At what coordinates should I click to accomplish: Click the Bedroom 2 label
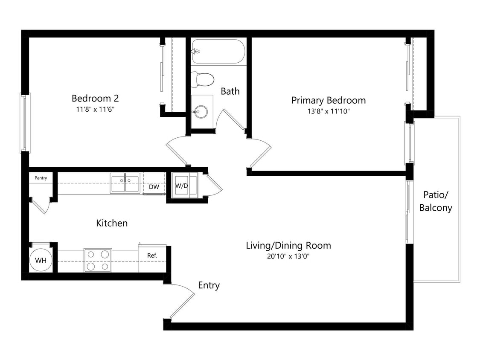pos(95,99)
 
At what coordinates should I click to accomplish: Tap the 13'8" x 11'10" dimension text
pos(328,111)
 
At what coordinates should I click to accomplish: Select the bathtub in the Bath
pos(218,52)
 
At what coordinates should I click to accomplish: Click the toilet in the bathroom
pos(203,78)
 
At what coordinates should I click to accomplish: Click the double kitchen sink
pos(125,183)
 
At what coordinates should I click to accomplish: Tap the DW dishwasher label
pos(154,187)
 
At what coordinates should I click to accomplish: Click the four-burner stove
pos(98,260)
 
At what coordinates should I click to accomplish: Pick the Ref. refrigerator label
pos(152,255)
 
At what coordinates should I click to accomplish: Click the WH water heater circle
pos(41,260)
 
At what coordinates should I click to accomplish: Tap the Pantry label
pos(41,178)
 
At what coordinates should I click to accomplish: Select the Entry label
pos(209,285)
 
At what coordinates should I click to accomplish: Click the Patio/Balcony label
pos(436,201)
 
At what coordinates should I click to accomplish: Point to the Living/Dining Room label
pos(288,246)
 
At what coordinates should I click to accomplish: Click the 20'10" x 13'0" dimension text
pos(288,256)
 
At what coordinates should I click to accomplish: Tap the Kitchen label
pos(112,223)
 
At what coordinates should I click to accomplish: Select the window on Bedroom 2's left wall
pos(25,123)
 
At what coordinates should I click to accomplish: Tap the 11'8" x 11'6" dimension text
pos(95,109)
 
